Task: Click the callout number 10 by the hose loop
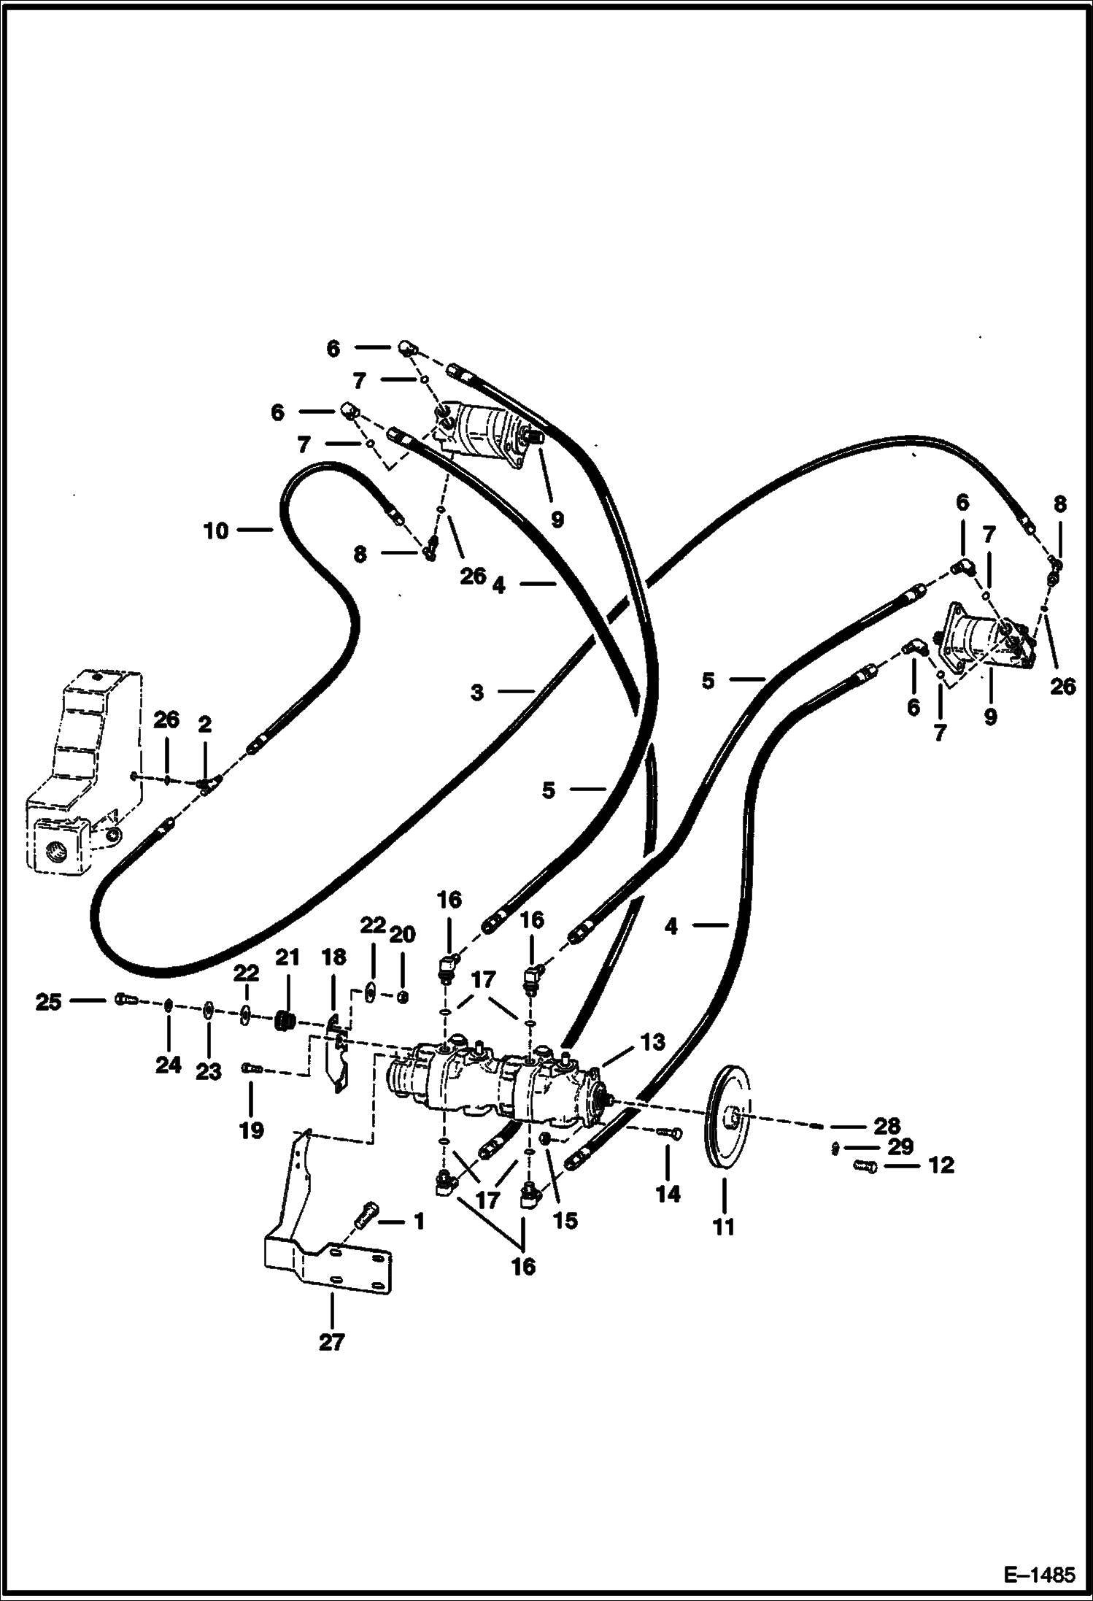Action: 216,531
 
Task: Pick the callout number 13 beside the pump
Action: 652,1043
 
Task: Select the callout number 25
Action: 48,1003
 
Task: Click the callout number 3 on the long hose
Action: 476,693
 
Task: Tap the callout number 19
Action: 251,1130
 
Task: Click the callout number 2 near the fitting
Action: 204,725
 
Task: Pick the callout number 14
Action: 668,1194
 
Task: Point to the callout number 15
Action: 565,1220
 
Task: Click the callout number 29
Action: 900,1146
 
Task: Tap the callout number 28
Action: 887,1126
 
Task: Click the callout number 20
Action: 403,935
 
